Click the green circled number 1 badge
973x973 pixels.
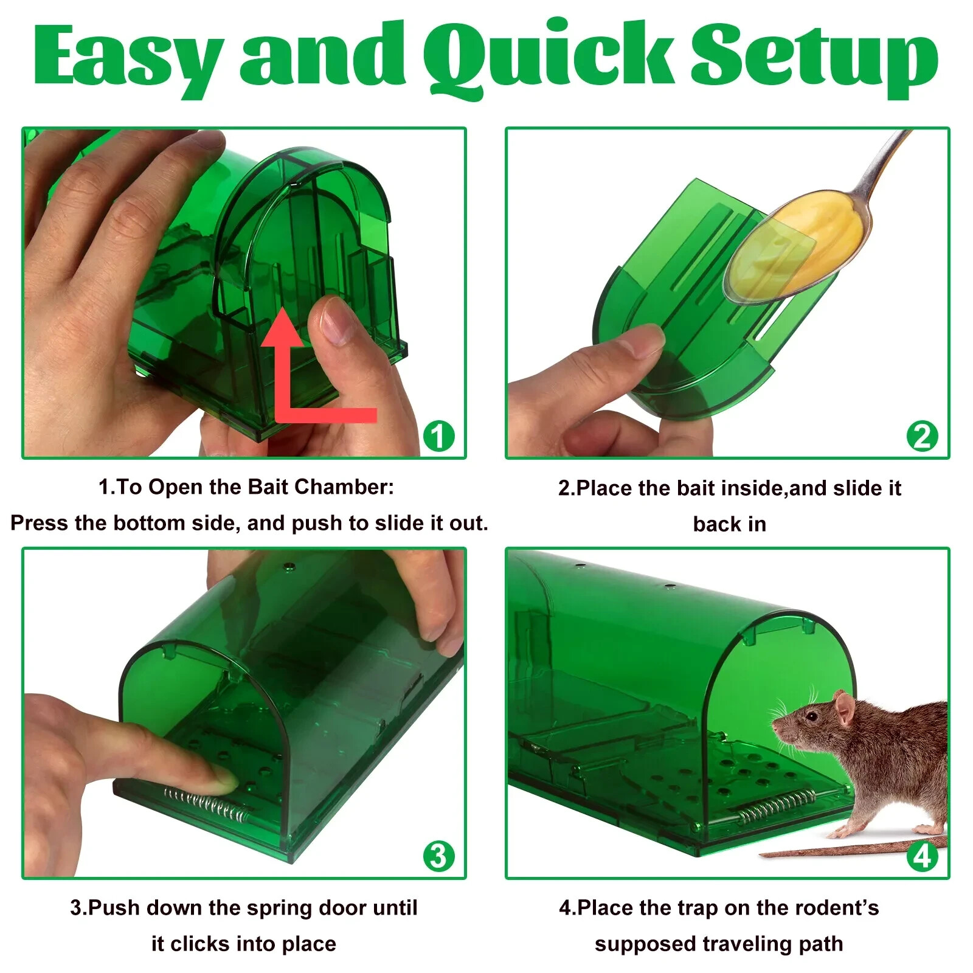tap(438, 435)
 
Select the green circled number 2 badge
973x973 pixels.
tap(922, 436)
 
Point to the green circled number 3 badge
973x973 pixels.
tap(438, 856)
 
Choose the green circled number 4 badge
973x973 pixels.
tap(922, 856)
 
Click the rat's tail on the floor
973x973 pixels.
tap(851, 848)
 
